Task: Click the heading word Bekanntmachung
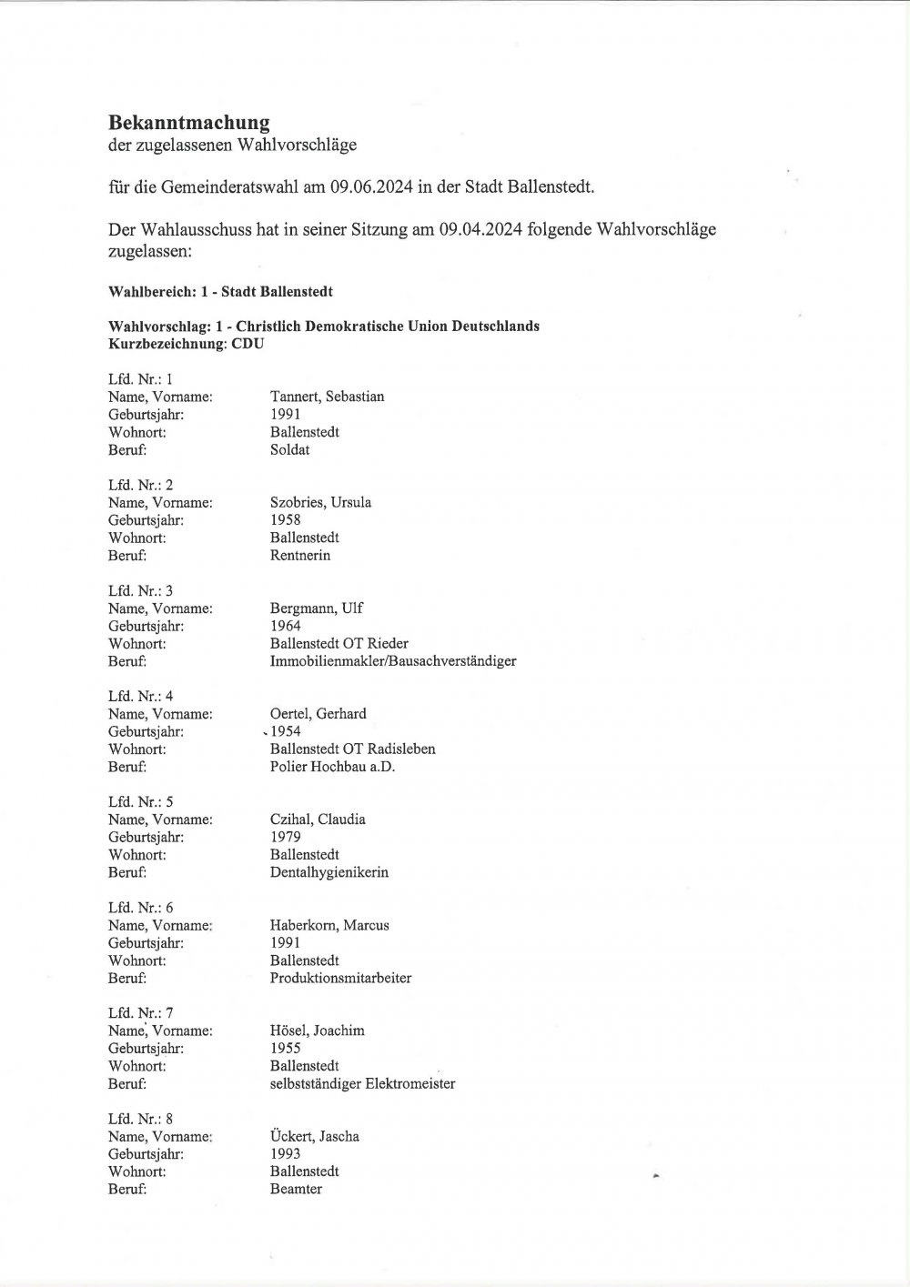pos(188,122)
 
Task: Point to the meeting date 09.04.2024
pos(480,229)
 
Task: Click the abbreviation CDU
pos(248,344)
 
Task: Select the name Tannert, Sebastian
pos(327,397)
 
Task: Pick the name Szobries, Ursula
pos(320,502)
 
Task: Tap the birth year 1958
pos(285,520)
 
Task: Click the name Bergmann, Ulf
pos(316,608)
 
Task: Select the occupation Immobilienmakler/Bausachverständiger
pos(392,661)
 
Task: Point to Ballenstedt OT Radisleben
pos(352,749)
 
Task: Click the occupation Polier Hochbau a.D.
pos(332,767)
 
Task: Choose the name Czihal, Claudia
pos(318,819)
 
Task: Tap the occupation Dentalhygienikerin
pos(329,872)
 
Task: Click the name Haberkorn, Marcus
pos(329,925)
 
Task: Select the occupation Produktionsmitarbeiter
pos(340,979)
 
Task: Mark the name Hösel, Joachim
pos(317,1031)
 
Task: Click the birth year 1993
pos(285,1154)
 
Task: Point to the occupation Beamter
pos(296,1190)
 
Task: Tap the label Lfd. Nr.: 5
pos(140,802)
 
